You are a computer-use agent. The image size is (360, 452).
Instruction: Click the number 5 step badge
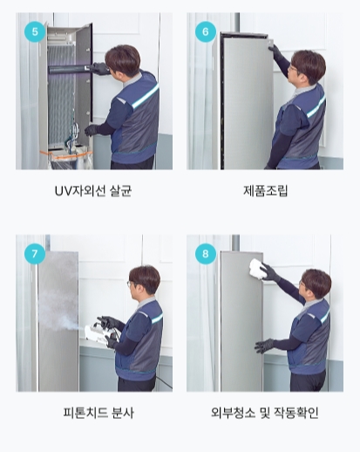(x=35, y=31)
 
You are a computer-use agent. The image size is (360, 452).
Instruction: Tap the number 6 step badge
(x=206, y=31)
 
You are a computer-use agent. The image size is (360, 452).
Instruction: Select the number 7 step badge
(x=35, y=254)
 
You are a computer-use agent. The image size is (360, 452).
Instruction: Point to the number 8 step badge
(x=206, y=254)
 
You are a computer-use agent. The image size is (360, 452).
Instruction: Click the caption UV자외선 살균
(x=93, y=191)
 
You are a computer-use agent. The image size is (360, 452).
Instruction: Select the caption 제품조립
(x=265, y=191)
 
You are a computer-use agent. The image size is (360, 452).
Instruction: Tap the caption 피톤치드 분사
(x=98, y=413)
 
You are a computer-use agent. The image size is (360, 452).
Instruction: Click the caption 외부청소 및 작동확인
(x=265, y=413)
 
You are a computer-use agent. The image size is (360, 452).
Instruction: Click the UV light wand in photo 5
(x=69, y=69)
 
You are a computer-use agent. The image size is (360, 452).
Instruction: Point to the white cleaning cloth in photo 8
(x=258, y=269)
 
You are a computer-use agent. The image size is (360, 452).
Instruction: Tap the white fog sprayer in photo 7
(x=101, y=333)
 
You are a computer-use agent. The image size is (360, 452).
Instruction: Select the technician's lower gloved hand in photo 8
(x=264, y=346)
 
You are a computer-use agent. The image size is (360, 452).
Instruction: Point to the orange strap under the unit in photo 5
(x=66, y=154)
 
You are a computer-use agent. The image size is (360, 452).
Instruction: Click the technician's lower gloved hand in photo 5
(x=92, y=130)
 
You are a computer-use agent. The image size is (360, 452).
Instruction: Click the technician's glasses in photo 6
(x=292, y=69)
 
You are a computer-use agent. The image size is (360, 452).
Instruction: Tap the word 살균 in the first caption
(x=121, y=191)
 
